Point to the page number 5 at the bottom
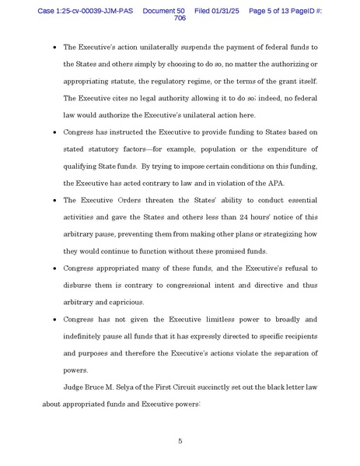click(x=180, y=441)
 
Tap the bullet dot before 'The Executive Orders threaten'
click(x=54, y=198)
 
